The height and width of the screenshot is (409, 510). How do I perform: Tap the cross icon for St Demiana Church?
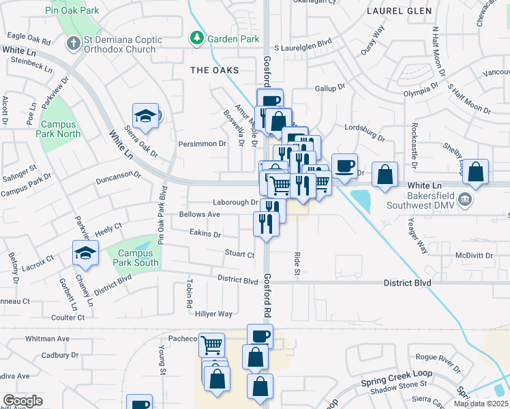(74, 44)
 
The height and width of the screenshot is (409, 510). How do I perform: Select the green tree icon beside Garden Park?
(196, 37)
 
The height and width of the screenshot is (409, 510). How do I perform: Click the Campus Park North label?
(60, 129)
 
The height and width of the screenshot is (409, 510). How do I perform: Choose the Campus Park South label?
(134, 258)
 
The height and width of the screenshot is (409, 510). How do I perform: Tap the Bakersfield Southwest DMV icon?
(465, 199)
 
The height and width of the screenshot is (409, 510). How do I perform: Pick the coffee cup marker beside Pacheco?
(260, 335)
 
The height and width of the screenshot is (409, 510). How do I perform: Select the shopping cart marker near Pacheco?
(212, 344)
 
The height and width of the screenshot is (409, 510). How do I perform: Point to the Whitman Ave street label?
(48, 338)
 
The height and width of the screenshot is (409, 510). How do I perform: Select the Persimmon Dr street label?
(202, 144)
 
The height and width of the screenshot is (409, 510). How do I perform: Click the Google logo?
(23, 401)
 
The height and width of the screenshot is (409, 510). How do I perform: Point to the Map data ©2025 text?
(481, 404)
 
